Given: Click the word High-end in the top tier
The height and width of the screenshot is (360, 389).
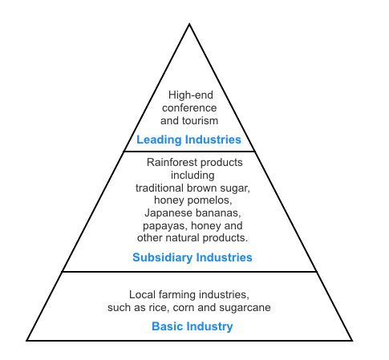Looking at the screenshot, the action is [x=191, y=95].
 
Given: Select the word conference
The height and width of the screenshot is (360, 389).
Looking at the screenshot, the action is [x=189, y=108].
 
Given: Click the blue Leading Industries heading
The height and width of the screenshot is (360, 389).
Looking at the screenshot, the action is [x=188, y=140].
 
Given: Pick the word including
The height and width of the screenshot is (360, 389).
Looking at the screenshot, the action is [x=192, y=176].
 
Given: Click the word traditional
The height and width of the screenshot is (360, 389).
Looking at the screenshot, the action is [x=160, y=188].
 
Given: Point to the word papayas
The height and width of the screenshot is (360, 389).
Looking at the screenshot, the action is [x=165, y=226].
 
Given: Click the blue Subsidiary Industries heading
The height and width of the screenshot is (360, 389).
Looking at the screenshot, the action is [x=192, y=257].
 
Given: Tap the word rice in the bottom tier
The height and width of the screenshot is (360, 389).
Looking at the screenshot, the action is [x=158, y=308].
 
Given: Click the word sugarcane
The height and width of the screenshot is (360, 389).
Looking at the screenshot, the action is [x=245, y=308].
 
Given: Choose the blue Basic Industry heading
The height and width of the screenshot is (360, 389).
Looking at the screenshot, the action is [x=192, y=326].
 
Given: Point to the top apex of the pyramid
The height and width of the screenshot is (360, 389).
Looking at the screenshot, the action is [x=189, y=24].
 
